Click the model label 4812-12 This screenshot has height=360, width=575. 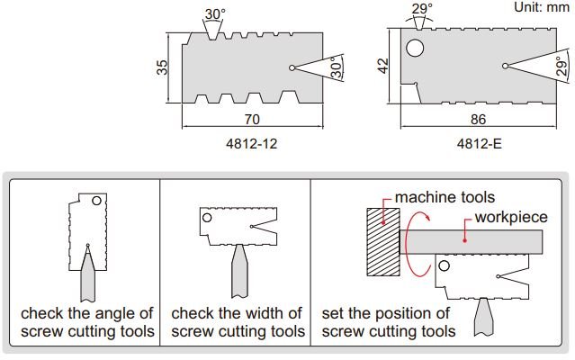coord(256,142)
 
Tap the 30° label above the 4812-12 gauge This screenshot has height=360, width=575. coord(215,13)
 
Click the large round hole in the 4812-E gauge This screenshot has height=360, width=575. coord(416,49)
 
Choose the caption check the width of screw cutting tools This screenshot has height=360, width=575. coord(236,322)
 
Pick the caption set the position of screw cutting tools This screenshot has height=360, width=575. coord(389,322)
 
